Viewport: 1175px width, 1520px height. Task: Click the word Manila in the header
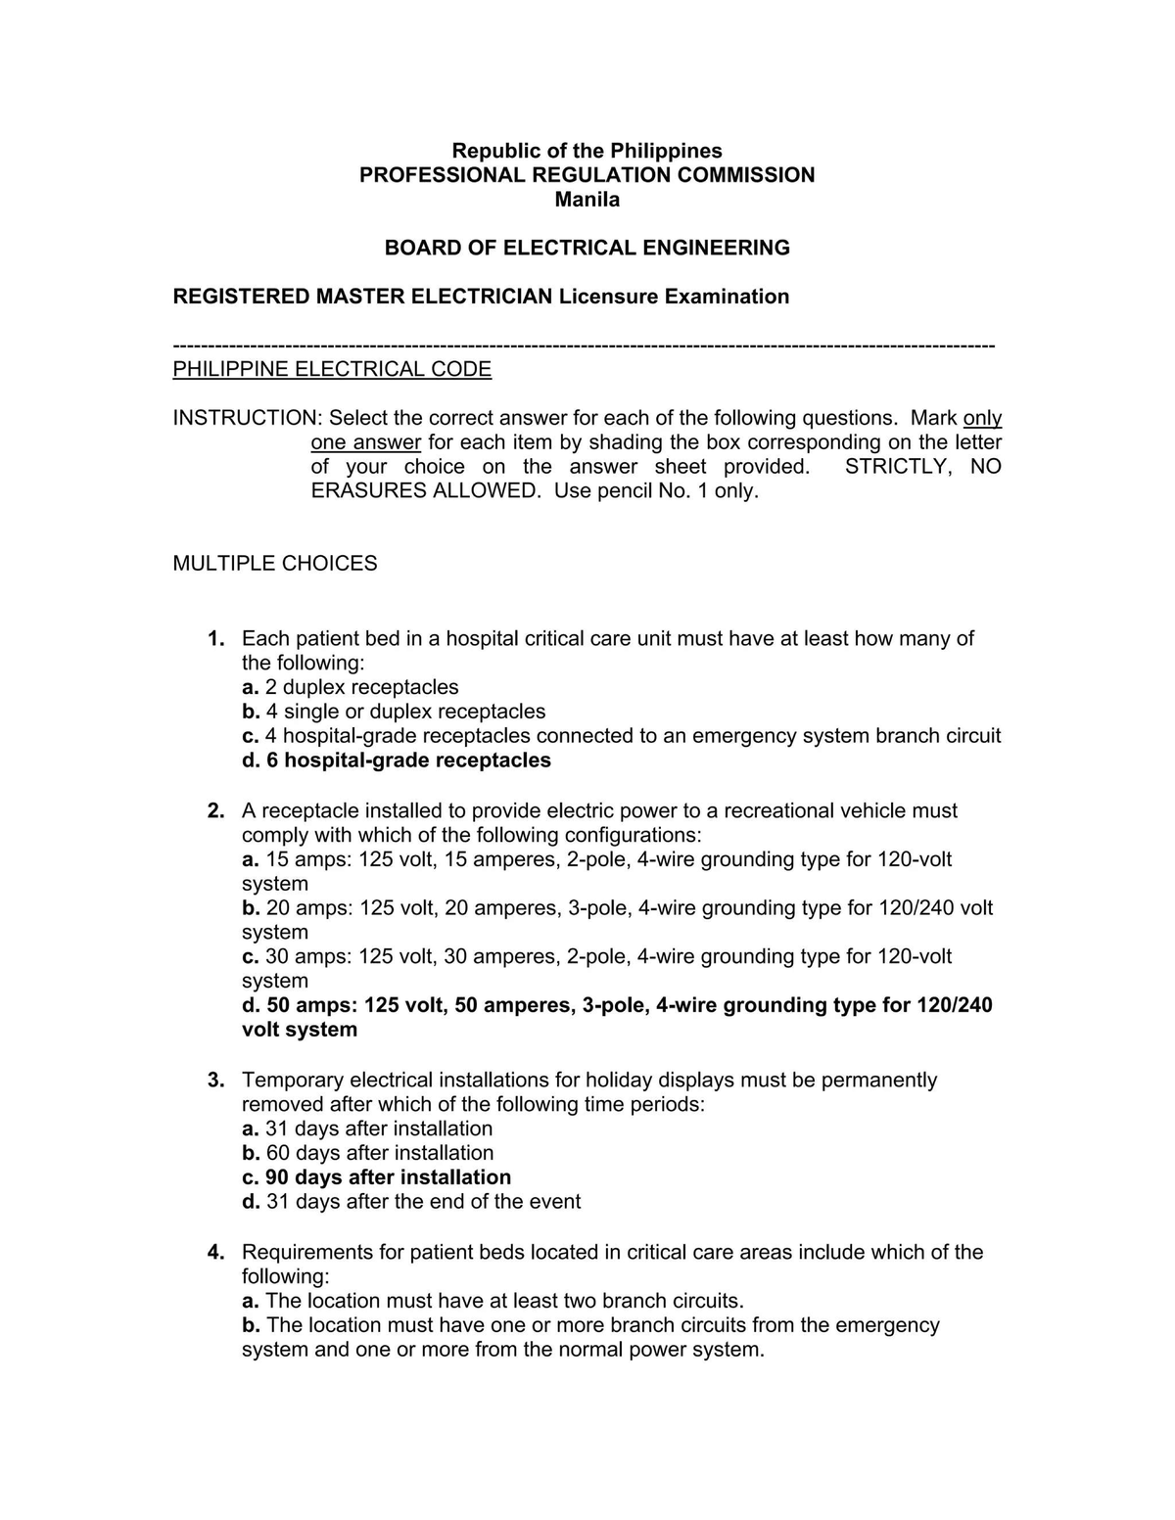point(587,200)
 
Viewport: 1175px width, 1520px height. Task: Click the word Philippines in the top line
point(666,151)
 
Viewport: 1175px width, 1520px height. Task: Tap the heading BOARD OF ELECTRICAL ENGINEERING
point(587,248)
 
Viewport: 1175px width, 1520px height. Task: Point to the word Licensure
point(608,297)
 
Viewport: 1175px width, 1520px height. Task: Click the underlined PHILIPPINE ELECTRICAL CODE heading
point(332,369)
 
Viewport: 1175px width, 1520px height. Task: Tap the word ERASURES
point(366,490)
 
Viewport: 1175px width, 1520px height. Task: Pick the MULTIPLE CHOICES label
point(275,564)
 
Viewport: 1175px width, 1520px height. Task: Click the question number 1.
point(215,639)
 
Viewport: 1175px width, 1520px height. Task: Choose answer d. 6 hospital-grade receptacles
point(397,760)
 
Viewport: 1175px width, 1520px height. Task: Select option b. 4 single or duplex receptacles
point(394,712)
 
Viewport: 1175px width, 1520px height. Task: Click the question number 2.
point(215,811)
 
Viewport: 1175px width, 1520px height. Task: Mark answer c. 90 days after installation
point(377,1177)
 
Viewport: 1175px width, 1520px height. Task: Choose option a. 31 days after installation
point(367,1128)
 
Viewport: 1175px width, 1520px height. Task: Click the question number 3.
point(215,1081)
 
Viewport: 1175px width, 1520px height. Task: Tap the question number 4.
point(215,1253)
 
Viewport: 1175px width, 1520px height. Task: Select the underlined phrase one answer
point(366,442)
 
